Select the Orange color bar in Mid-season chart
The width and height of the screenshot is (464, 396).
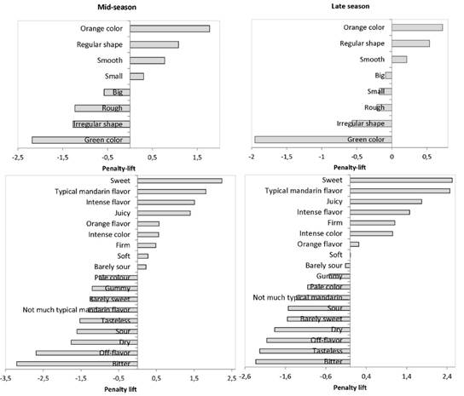pyautogui.click(x=170, y=28)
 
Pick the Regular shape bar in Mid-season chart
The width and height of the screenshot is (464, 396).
pyautogui.click(x=154, y=44)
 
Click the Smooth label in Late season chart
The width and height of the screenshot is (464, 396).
pyautogui.click(x=372, y=60)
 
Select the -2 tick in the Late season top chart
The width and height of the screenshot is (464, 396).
pyautogui.click(x=252, y=158)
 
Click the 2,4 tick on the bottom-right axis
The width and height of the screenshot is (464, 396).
pyautogui.click(x=447, y=376)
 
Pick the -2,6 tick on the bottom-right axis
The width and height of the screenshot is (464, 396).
pyautogui.click(x=246, y=376)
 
